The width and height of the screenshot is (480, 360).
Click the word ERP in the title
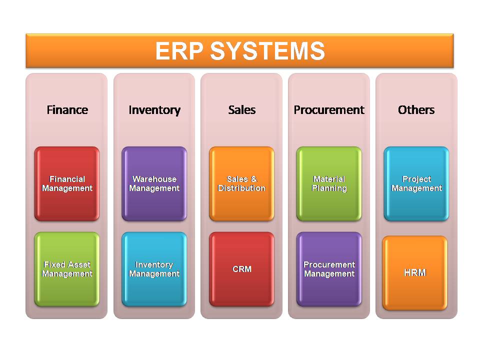click(x=179, y=51)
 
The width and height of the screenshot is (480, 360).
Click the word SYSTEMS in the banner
click(x=267, y=51)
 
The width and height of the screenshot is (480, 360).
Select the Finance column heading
click(x=67, y=110)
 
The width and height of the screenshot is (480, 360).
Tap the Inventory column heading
click(x=154, y=110)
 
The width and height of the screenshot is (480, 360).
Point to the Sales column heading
click(x=242, y=110)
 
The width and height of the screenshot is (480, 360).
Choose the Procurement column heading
click(x=329, y=110)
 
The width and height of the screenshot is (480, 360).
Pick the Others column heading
click(x=416, y=110)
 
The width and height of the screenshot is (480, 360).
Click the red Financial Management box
click(x=67, y=183)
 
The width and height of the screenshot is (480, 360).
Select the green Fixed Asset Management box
click(x=67, y=269)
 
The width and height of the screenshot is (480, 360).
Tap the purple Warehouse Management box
click(x=154, y=183)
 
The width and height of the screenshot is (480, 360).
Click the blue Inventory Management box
click(x=154, y=269)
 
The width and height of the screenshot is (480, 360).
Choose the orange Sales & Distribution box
click(x=241, y=183)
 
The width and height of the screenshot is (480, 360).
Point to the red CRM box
click(x=241, y=269)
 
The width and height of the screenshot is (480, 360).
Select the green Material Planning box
click(x=329, y=183)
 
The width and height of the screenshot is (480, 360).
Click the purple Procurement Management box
click(x=329, y=269)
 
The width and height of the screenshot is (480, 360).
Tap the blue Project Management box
click(x=416, y=183)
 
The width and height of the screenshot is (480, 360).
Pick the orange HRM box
click(x=415, y=273)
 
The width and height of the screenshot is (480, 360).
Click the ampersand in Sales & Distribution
click(x=254, y=179)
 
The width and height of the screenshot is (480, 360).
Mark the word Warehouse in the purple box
click(x=154, y=179)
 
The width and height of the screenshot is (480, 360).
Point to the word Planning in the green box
click(x=329, y=188)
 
